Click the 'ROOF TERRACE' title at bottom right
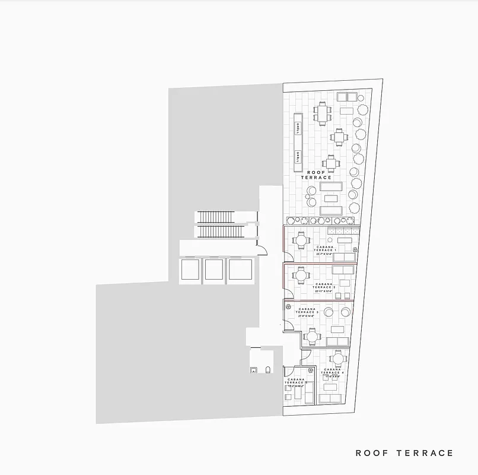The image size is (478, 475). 404,453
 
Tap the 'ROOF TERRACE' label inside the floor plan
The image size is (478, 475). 316,175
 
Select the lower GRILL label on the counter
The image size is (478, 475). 297,156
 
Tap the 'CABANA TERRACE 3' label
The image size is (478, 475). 308,312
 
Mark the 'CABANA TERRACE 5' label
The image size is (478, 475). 296,382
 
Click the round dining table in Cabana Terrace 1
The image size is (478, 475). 301,240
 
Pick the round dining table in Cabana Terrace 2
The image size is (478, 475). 301,275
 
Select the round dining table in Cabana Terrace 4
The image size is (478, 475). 337,359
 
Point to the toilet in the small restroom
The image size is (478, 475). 267,370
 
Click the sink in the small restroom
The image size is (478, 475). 254,370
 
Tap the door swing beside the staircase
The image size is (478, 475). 260,245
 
